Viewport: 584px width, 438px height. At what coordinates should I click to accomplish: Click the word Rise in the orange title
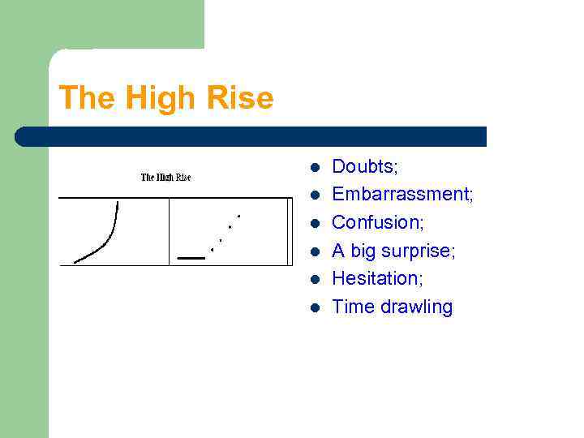[243, 98]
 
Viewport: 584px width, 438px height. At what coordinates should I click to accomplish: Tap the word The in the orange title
[85, 98]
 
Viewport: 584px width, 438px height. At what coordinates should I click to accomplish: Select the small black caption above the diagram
[165, 177]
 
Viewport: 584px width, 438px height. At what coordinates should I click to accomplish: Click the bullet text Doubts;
[365, 166]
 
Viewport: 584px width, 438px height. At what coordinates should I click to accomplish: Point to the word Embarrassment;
[403, 194]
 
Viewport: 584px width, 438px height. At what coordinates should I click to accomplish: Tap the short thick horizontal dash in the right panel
[191, 257]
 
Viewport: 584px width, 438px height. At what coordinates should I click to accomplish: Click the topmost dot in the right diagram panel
[238, 216]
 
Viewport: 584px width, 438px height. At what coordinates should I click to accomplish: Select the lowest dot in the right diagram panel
[213, 250]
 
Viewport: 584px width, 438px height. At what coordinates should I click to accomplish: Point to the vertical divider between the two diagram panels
[169, 231]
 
